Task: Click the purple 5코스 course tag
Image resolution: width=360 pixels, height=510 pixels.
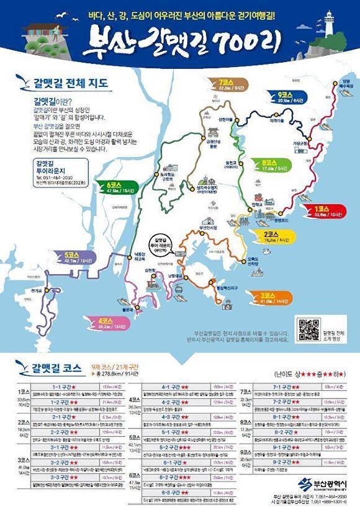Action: coord(74,257)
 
